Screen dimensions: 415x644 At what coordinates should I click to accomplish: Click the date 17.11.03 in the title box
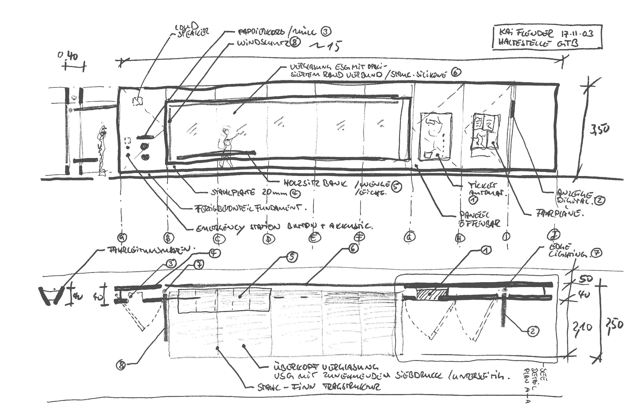coord(577,34)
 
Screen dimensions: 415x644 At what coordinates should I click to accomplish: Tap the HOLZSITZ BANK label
coord(316,183)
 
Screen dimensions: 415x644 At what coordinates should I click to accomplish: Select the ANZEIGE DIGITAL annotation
coord(575,197)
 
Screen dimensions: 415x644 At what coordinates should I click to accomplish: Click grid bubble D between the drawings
coord(268,239)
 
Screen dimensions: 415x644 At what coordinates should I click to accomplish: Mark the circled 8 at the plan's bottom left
coord(121,365)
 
